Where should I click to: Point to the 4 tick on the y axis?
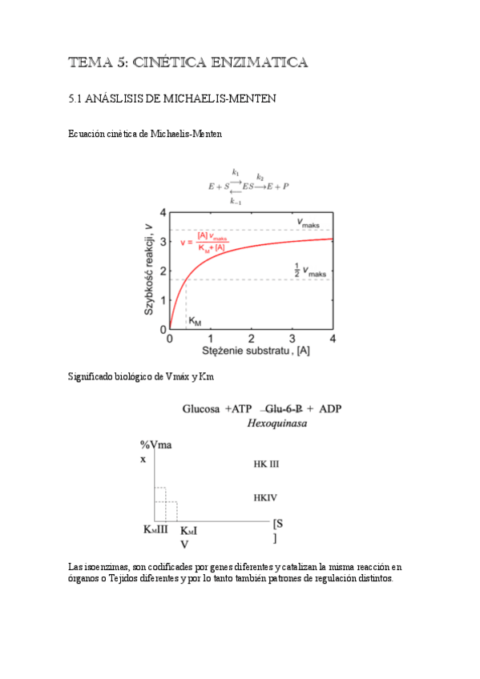[x=163, y=213]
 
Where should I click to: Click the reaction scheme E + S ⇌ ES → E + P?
[x=248, y=185]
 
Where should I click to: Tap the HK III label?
[x=265, y=464]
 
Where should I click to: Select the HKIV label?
[x=264, y=497]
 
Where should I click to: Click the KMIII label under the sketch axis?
[x=155, y=530]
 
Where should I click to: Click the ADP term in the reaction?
[x=330, y=408]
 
